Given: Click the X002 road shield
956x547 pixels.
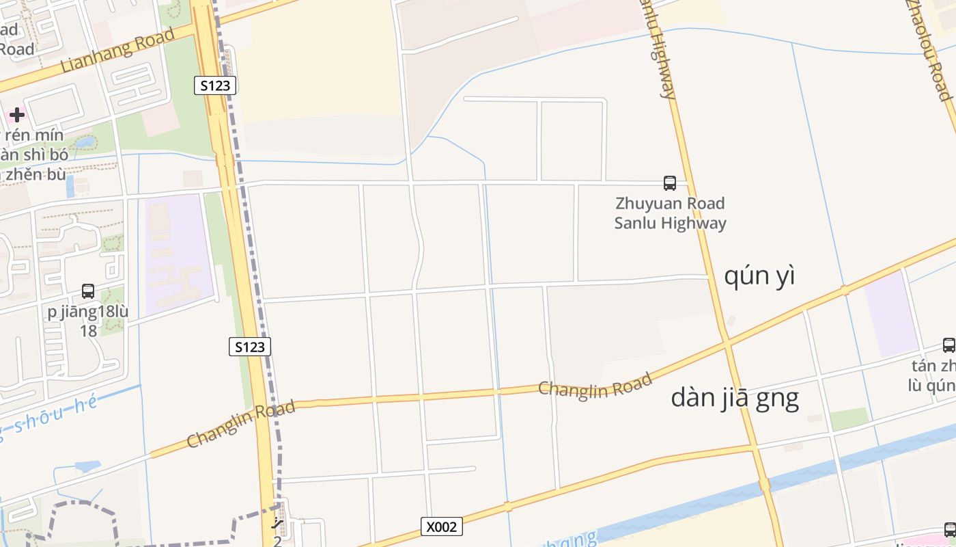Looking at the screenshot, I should [441, 526].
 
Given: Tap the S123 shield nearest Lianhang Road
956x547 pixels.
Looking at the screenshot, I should [215, 85].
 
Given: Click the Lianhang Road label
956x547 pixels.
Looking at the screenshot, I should [117, 52].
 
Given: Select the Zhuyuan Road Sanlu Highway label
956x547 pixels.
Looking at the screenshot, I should [670, 213].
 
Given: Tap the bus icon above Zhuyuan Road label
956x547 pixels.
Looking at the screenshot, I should [670, 183].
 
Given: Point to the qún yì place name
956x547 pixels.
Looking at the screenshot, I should [759, 276].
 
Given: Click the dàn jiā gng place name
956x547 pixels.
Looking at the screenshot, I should [735, 397].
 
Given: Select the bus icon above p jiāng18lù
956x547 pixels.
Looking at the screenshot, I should [88, 291].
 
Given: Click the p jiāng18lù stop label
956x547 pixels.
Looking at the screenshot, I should [88, 312].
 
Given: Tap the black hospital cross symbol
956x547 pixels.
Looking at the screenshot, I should [17, 115].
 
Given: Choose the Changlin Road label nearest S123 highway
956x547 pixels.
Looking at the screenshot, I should [240, 424].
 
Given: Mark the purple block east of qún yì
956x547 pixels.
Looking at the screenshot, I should [891, 314].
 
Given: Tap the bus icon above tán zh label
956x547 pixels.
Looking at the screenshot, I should [949, 345].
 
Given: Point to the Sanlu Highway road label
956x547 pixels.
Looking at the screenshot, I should [660, 51].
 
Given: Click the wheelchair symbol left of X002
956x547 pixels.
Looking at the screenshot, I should [277, 523].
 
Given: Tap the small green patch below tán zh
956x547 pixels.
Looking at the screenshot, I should [849, 418].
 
